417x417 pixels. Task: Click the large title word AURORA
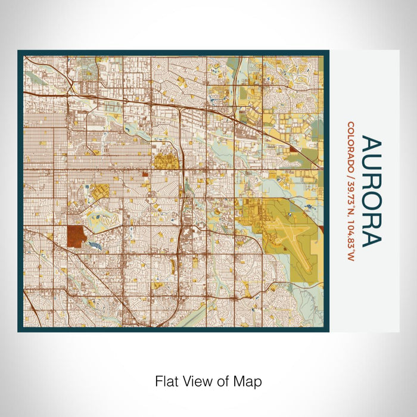pos(371,191)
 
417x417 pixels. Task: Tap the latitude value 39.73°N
pos(351,197)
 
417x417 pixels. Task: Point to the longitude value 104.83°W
pos(351,241)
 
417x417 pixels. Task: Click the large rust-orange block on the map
pos(76,235)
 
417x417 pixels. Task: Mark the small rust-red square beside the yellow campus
pos(145,175)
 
